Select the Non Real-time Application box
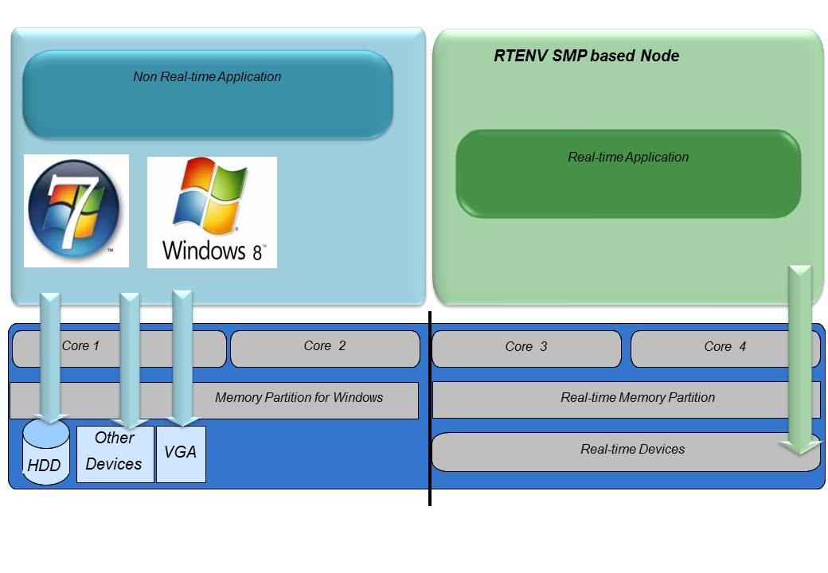point(207,94)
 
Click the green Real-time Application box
point(627,173)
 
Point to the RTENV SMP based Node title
point(586,56)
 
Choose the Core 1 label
point(80,345)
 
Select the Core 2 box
point(325,349)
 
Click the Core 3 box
point(525,349)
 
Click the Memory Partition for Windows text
point(299,397)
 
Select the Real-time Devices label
point(632,449)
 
